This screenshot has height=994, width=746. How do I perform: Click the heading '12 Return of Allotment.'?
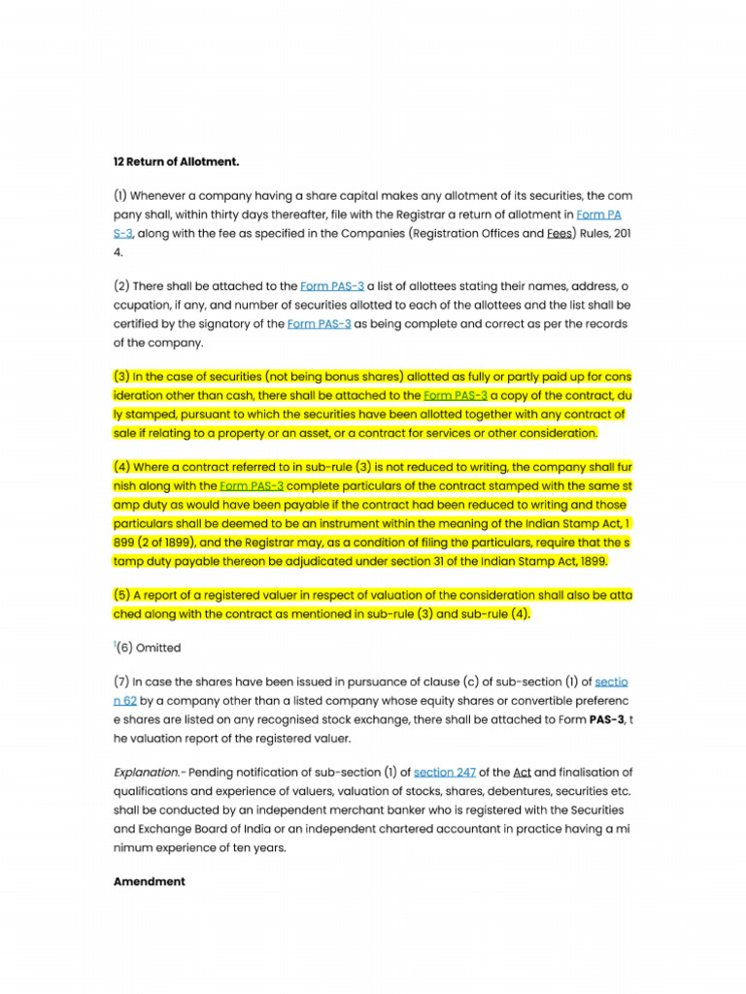pos(176,161)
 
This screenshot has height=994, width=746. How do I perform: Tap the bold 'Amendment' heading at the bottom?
pos(149,881)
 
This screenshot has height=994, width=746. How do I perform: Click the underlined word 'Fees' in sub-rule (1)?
pos(559,233)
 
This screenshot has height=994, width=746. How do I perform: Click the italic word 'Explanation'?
pos(146,773)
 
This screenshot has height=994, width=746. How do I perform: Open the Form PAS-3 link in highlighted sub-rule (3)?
pos(456,395)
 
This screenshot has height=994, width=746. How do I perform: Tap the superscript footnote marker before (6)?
pos(115,644)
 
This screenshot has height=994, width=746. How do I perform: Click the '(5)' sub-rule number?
pos(122,595)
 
